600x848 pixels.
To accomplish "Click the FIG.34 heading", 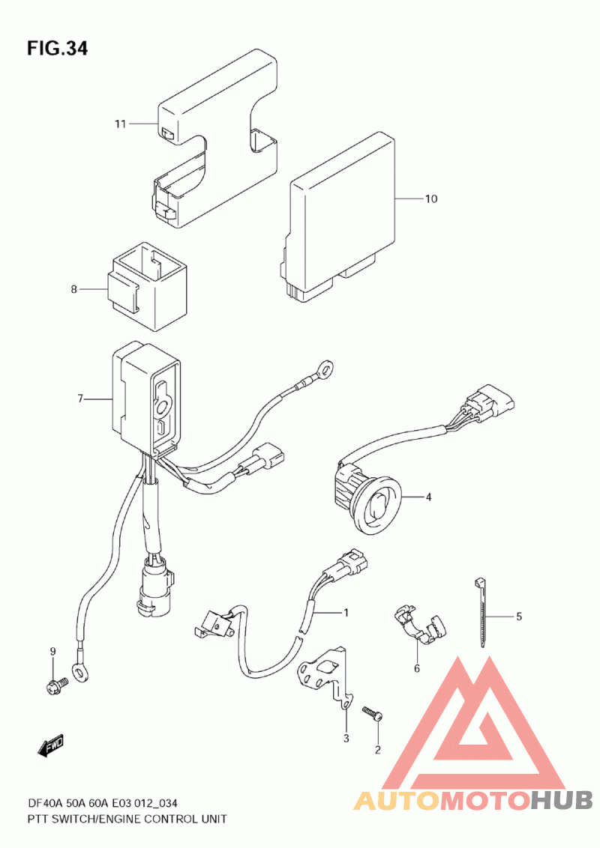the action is click(58, 49).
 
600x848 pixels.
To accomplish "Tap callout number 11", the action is click(120, 124).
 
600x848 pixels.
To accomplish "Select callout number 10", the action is click(430, 199).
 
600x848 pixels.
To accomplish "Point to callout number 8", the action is click(74, 289).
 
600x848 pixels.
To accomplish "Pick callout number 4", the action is click(428, 497).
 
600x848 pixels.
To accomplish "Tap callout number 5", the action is click(518, 617).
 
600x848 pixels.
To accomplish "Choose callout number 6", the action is click(417, 669).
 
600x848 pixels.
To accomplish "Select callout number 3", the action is click(346, 739).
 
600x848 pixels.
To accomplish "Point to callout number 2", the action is click(377, 749).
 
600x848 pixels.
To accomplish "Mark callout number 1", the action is click(346, 613).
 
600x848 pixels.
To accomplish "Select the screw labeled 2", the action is click(373, 713).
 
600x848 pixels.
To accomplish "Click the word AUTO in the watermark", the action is click(397, 801).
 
